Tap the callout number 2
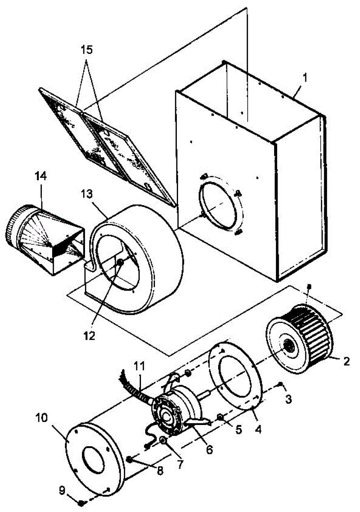tap(346, 362)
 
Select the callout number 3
tap(289, 399)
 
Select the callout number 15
tap(87, 49)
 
